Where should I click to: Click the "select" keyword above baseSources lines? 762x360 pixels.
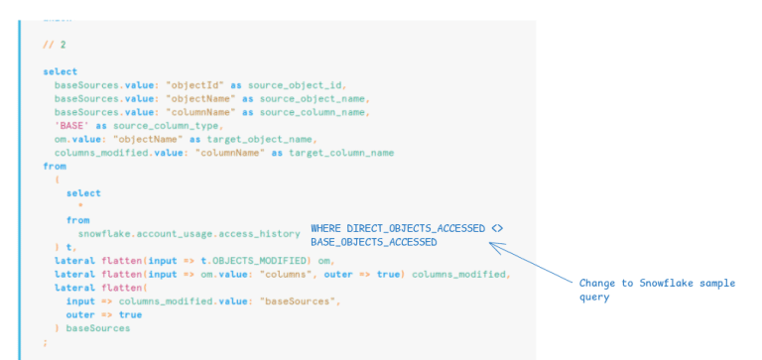61,71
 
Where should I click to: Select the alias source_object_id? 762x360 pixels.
301,85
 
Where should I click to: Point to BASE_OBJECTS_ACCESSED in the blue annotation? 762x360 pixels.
373,242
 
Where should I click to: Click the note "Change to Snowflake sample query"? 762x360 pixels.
657,290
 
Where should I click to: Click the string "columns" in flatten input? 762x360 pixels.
262,275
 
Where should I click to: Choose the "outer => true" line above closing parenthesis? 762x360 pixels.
97,314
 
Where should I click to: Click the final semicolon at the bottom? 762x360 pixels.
46,342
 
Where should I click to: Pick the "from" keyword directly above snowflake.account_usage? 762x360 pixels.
77,220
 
